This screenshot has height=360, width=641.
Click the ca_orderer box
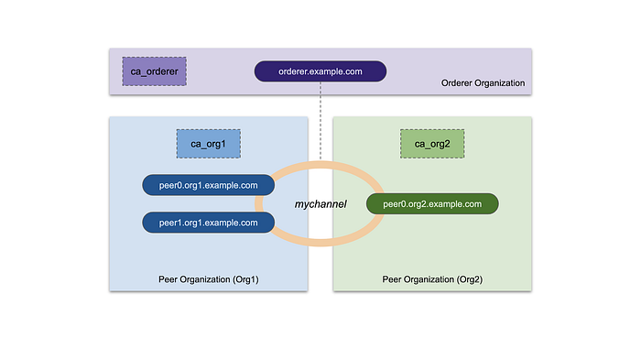pos(154,71)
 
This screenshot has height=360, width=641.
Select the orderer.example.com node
pos(320,71)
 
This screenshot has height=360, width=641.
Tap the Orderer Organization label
pos(483,83)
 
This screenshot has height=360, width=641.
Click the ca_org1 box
pos(208,144)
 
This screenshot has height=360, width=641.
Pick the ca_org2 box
pos(432,144)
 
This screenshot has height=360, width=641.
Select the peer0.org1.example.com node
pos(208,185)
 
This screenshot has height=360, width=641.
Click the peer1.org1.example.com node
pos(208,223)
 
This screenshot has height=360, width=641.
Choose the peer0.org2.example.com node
pos(431,204)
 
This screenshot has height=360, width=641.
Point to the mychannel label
pos(320,204)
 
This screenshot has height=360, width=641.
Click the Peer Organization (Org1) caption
pos(208,278)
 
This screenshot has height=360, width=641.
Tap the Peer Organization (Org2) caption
pos(431,278)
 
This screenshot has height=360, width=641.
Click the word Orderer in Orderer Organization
pos(457,83)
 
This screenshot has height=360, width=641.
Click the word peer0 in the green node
pos(395,204)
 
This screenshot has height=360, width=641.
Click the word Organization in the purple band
pos(500,83)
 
